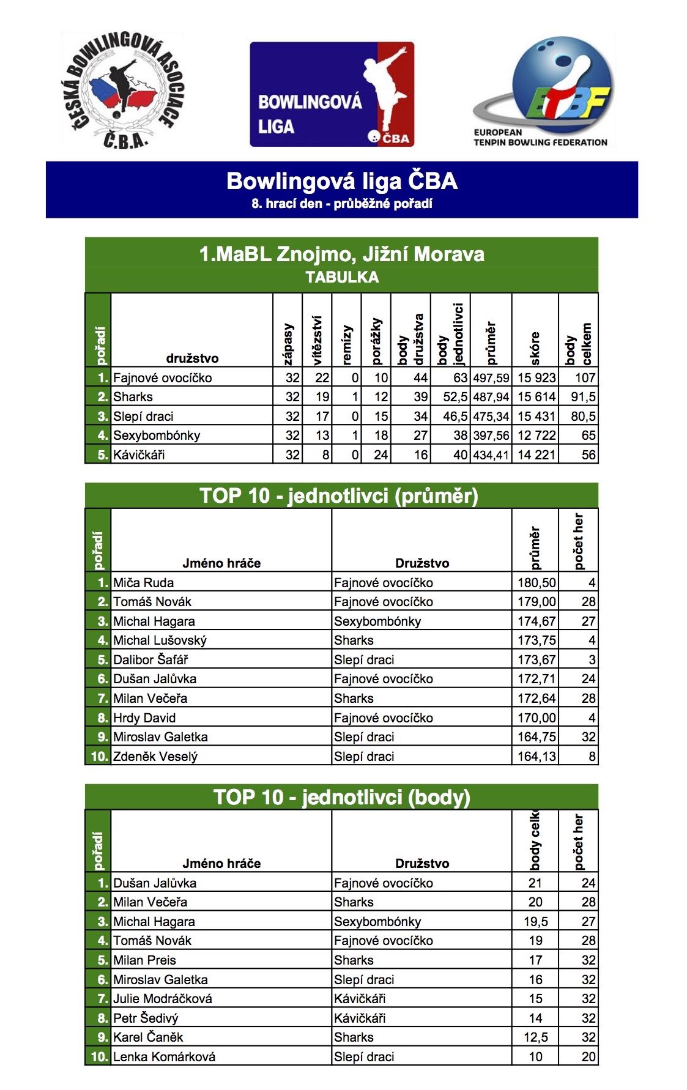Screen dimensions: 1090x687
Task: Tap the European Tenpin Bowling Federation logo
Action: pyautogui.click(x=544, y=92)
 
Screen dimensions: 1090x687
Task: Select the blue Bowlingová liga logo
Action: pyautogui.click(x=332, y=94)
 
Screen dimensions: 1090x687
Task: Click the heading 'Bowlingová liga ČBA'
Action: pyautogui.click(x=342, y=181)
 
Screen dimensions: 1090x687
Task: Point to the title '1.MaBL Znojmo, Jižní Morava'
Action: pyautogui.click(x=341, y=254)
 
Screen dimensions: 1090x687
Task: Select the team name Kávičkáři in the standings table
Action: pyautogui.click(x=139, y=454)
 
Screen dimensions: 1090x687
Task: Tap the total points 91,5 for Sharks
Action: pyautogui.click(x=583, y=397)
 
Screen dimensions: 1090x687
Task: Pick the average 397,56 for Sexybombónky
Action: pyautogui.click(x=491, y=436)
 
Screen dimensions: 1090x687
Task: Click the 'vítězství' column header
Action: pyautogui.click(x=317, y=340)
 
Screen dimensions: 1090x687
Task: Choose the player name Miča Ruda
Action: pyautogui.click(x=143, y=582)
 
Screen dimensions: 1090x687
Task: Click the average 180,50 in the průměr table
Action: pyautogui.click(x=537, y=582)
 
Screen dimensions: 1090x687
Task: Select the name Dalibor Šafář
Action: pyautogui.click(x=150, y=659)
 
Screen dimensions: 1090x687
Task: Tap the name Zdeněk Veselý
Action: pyautogui.click(x=155, y=756)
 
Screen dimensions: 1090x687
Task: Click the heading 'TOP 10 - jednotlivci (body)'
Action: pyautogui.click(x=341, y=797)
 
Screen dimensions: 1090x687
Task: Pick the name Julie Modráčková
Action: pyautogui.click(x=163, y=998)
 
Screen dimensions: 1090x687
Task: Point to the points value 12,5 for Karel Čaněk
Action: pyautogui.click(x=535, y=1037)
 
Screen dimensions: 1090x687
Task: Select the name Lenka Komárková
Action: pyautogui.click(x=164, y=1056)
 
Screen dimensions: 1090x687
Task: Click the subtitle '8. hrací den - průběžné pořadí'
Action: pyautogui.click(x=342, y=204)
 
